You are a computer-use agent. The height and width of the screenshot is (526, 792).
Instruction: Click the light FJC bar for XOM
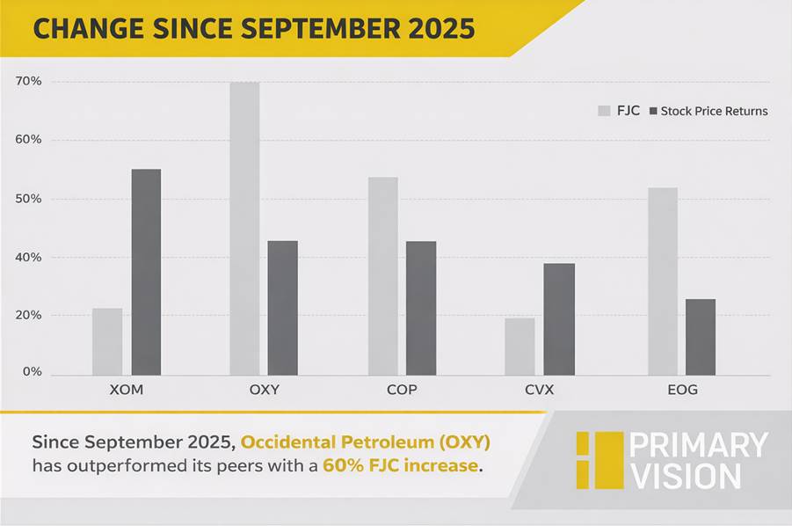pyautogui.click(x=107, y=341)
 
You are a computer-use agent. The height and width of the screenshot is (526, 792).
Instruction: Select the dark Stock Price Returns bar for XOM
pyautogui.click(x=146, y=272)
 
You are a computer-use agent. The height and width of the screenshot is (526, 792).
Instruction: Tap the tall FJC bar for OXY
pyautogui.click(x=244, y=229)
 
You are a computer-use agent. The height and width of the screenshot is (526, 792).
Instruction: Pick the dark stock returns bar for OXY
pyautogui.click(x=282, y=308)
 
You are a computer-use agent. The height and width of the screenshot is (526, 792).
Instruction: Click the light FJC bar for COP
pyautogui.click(x=382, y=276)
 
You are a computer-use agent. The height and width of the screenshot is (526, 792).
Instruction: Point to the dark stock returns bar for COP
pyautogui.click(x=421, y=308)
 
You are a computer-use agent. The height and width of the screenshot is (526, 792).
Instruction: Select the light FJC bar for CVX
pyautogui.click(x=520, y=347)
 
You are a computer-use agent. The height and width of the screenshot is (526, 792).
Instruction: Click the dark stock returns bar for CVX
pyautogui.click(x=558, y=319)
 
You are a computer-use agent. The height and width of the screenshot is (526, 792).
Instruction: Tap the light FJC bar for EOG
pyautogui.click(x=663, y=281)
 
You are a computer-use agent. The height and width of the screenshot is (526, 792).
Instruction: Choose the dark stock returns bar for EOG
pyautogui.click(x=701, y=337)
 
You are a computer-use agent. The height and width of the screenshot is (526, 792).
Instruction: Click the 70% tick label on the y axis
pyautogui.click(x=28, y=82)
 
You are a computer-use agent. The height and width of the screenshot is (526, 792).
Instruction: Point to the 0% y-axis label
pyautogui.click(x=32, y=372)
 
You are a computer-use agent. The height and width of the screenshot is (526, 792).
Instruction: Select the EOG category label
pyautogui.click(x=681, y=390)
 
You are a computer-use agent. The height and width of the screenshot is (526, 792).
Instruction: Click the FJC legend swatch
pyautogui.click(x=604, y=111)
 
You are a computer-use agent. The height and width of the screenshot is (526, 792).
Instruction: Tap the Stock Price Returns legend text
pyautogui.click(x=714, y=111)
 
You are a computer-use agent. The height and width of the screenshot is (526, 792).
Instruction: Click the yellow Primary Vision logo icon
pyautogui.click(x=599, y=460)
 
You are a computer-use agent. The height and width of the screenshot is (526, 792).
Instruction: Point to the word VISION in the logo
pyautogui.click(x=687, y=477)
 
